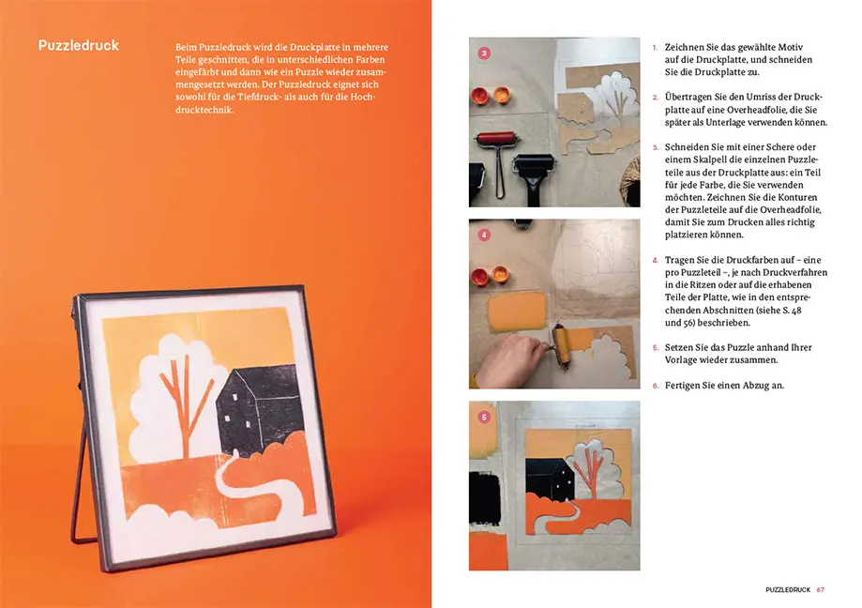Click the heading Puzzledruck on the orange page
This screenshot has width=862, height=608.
pyautogui.click(x=79, y=45)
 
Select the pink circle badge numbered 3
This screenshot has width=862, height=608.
pyautogui.click(x=484, y=53)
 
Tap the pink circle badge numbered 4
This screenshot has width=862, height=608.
pyautogui.click(x=484, y=236)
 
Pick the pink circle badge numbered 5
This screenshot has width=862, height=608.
pyautogui.click(x=484, y=417)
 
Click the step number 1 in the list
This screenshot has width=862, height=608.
pyautogui.click(x=655, y=47)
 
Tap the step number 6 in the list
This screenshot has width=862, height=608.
pyautogui.click(x=655, y=386)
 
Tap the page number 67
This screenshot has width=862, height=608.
pyautogui.click(x=820, y=590)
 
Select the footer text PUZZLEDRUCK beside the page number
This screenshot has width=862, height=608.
pyautogui.click(x=787, y=590)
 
